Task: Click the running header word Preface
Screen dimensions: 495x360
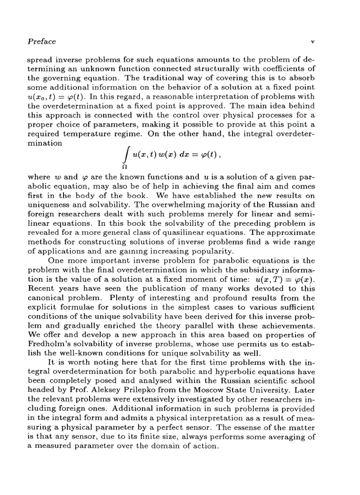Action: [41, 42]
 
